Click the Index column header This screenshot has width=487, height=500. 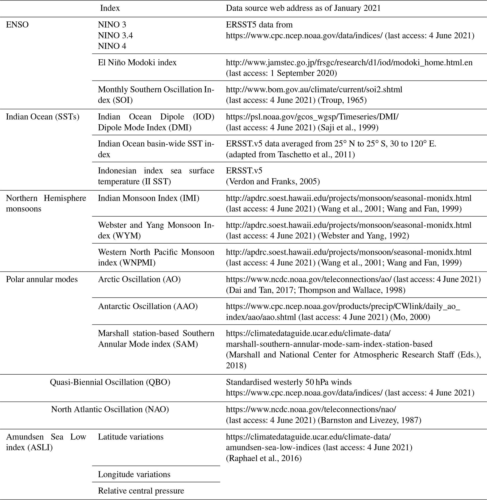coord(110,8)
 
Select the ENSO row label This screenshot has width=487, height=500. coord(17,25)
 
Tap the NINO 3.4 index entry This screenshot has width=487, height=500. coord(115,35)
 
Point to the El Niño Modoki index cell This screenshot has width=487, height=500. coord(137,62)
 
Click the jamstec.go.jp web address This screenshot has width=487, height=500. coord(349,62)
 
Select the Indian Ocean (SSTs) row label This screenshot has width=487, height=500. coord(42,117)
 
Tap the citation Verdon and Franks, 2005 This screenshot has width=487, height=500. coord(273,181)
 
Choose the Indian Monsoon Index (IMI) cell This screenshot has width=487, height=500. coord(148,198)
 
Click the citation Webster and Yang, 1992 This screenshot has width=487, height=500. coord(364,236)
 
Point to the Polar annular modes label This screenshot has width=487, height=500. coord(42,279)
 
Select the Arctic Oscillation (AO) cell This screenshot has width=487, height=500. coord(139,279)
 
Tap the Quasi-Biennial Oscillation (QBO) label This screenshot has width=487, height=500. coord(110,382)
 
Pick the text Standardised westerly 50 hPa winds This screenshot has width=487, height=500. coord(289,382)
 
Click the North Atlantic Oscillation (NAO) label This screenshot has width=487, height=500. coord(110,409)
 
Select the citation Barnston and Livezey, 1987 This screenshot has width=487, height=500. coord(369,420)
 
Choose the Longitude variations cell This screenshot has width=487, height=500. coord(134,474)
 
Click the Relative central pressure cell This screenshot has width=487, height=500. coord(141,491)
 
